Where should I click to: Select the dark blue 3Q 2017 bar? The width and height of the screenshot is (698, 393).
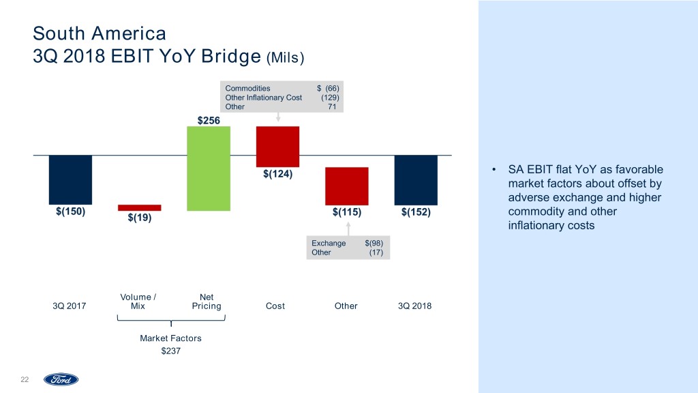tap(70, 179)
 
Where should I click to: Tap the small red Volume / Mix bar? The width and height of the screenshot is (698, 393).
tap(139, 207)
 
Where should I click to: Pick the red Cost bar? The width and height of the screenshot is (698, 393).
tap(277, 146)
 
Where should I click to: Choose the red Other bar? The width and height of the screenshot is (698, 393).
tap(347, 186)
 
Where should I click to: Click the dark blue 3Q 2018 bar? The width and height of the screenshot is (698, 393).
tap(416, 179)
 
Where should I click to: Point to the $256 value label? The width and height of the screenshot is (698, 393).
tap(209, 120)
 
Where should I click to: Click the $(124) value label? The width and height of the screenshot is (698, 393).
tap(277, 174)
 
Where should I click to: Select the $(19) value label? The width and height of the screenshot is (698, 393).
tap(140, 218)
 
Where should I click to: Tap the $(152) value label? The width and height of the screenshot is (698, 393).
tap(416, 212)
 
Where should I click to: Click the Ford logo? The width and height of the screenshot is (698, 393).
tap(61, 379)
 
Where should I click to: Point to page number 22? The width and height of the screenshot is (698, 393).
tap(25, 379)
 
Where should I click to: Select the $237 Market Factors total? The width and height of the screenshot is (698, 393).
tap(170, 351)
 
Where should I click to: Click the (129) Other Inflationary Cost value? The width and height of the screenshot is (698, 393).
tap(330, 98)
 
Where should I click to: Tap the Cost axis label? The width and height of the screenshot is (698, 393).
tap(275, 306)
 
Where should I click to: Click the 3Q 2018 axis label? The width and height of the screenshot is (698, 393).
tap(414, 306)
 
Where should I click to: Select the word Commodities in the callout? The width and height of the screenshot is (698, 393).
tap(247, 89)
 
